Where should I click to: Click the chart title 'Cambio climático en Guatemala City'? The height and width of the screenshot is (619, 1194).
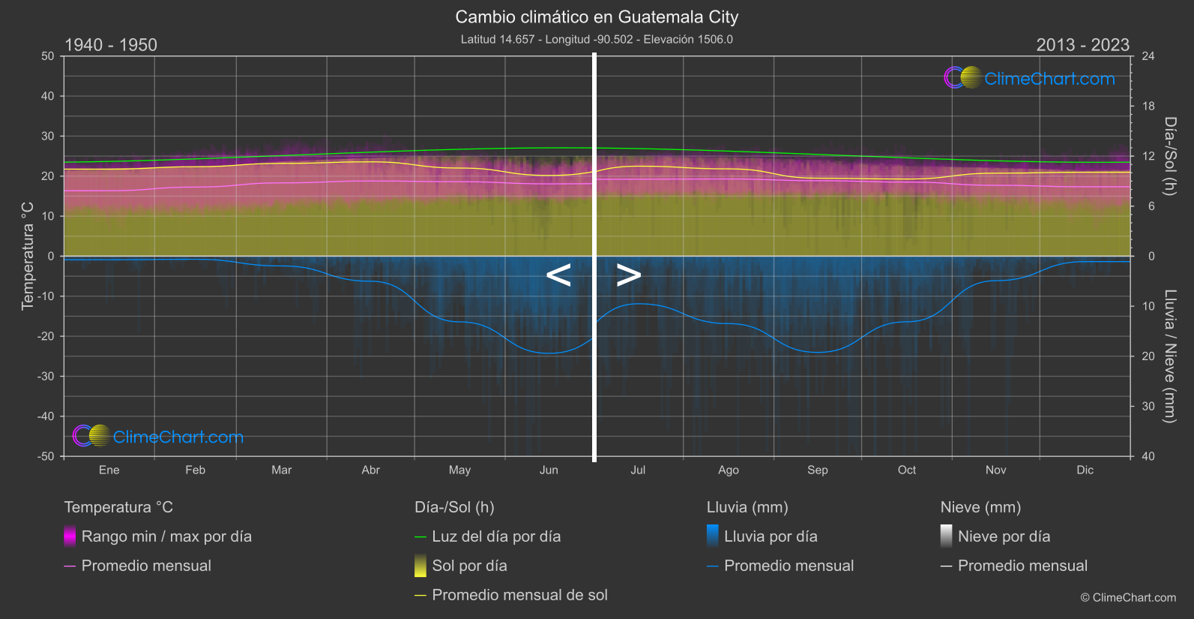pyautogui.click(x=597, y=17)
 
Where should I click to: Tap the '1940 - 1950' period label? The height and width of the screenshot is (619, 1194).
pyautogui.click(x=111, y=45)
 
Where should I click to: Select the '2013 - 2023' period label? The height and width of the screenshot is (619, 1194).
pyautogui.click(x=1082, y=45)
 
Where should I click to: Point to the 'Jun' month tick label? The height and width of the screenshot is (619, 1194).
pyautogui.click(x=549, y=470)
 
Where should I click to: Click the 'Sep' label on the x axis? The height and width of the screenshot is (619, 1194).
pyautogui.click(x=817, y=470)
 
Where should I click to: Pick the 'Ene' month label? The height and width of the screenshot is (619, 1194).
pyautogui.click(x=109, y=470)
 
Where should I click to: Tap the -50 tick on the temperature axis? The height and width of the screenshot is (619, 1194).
pyautogui.click(x=47, y=456)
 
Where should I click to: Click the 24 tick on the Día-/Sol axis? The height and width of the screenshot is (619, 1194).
pyautogui.click(x=1148, y=56)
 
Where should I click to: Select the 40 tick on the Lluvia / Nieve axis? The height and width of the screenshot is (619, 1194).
pyautogui.click(x=1148, y=456)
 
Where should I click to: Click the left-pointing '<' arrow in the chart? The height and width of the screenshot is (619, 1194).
pyautogui.click(x=558, y=275)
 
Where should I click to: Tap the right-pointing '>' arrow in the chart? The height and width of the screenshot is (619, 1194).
pyautogui.click(x=629, y=275)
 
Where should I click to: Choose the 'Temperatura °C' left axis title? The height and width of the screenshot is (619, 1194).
pyautogui.click(x=28, y=255)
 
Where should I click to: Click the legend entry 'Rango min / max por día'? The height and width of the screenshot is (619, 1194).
pyautogui.click(x=166, y=536)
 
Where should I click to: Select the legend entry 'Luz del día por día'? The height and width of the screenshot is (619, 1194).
pyautogui.click(x=496, y=536)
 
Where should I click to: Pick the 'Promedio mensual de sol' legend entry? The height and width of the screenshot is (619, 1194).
pyautogui.click(x=519, y=595)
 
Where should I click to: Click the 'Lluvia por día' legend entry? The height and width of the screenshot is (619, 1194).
pyautogui.click(x=771, y=536)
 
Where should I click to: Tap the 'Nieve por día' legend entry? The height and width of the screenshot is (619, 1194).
pyautogui.click(x=1004, y=536)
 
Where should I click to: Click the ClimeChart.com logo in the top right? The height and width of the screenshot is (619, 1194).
pyautogui.click(x=1030, y=78)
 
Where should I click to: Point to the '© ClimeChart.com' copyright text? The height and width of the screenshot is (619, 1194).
pyautogui.click(x=1128, y=598)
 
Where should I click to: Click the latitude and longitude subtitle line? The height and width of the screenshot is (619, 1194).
pyautogui.click(x=597, y=39)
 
